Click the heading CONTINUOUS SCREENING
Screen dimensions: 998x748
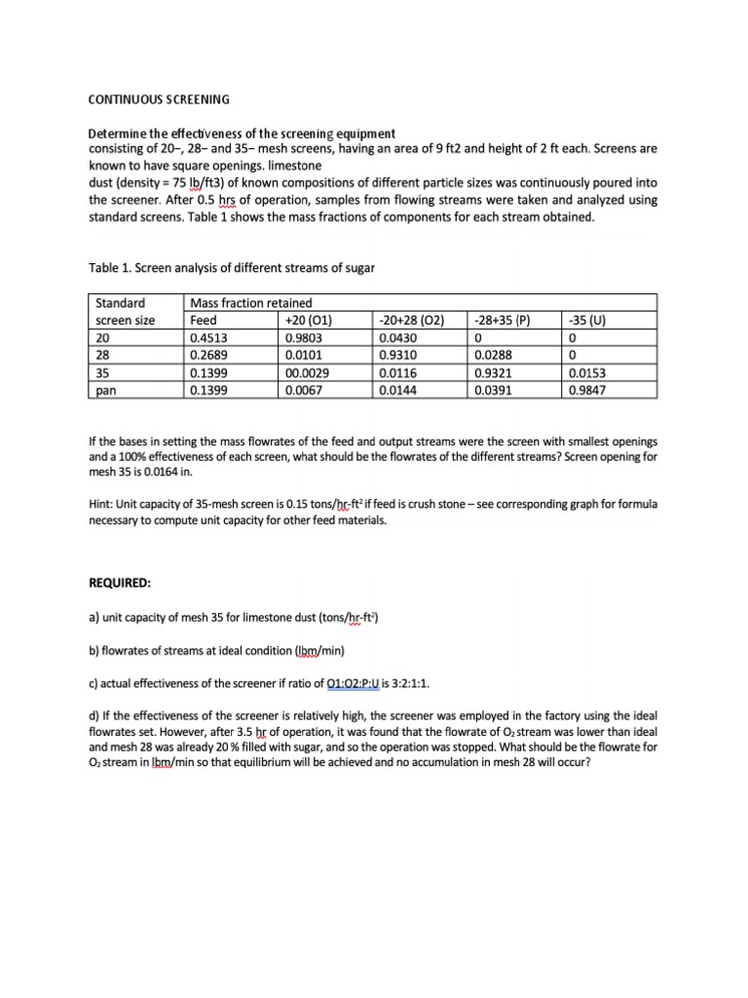pyautogui.click(x=159, y=99)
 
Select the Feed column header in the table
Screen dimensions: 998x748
pyautogui.click(x=204, y=320)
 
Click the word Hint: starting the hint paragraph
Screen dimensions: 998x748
pyautogui.click(x=104, y=505)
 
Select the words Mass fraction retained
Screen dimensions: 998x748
pyautogui.click(x=251, y=302)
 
